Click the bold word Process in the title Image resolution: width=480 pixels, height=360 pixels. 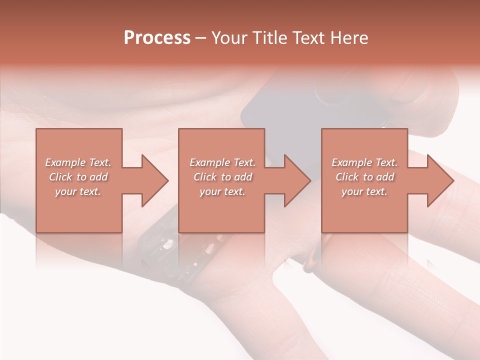click(x=157, y=38)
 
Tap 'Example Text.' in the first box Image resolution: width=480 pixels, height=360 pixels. click(x=78, y=162)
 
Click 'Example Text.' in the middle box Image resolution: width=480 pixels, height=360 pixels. click(x=222, y=162)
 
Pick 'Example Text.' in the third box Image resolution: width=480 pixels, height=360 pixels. click(x=364, y=162)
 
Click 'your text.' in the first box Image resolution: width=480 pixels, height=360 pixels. click(x=78, y=191)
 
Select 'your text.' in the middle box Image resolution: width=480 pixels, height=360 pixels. click(x=222, y=191)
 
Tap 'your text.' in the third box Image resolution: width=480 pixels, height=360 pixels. click(x=364, y=191)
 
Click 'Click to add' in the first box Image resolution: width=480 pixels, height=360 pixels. click(x=78, y=177)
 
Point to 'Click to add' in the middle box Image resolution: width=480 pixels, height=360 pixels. click(x=222, y=177)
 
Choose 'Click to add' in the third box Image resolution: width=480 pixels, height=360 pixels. click(x=364, y=177)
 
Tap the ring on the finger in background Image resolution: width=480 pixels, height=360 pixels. click(x=312, y=255)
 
